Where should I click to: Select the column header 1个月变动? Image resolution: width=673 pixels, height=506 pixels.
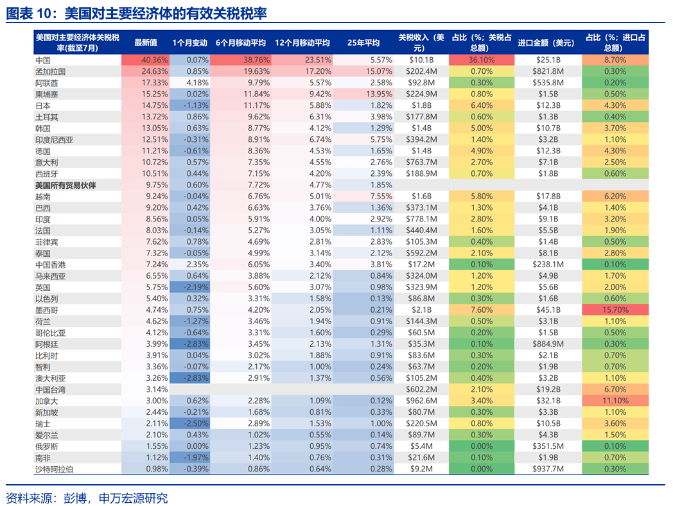[x=190, y=42]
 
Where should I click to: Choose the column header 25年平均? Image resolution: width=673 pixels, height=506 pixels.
[x=363, y=42]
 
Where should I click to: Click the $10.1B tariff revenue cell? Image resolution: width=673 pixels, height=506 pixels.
[x=424, y=60]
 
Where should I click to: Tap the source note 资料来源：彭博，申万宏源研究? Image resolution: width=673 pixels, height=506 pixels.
[x=87, y=497]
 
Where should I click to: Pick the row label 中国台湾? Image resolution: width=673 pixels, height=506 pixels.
[x=50, y=389]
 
